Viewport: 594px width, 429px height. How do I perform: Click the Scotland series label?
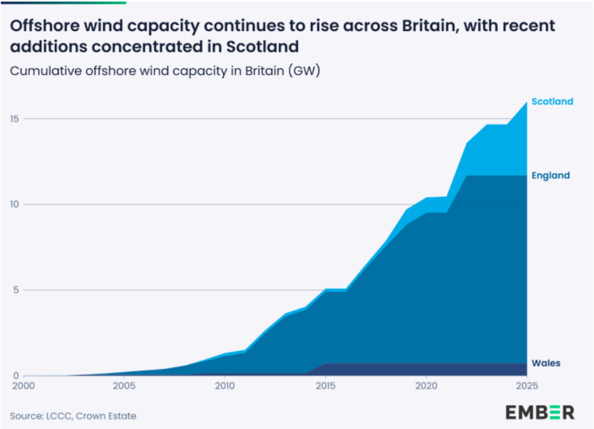[x=552, y=101]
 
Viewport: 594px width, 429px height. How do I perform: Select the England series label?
[x=550, y=176]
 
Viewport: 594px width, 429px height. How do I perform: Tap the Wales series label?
[x=546, y=363]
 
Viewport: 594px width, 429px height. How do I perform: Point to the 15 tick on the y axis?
[x=15, y=119]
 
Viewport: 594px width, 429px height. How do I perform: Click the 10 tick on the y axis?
[x=15, y=205]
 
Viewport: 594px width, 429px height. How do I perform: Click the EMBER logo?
[x=540, y=413]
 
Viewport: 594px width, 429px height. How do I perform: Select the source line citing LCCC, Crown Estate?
[x=73, y=416]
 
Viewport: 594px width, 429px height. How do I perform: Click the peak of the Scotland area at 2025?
[x=526, y=102]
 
